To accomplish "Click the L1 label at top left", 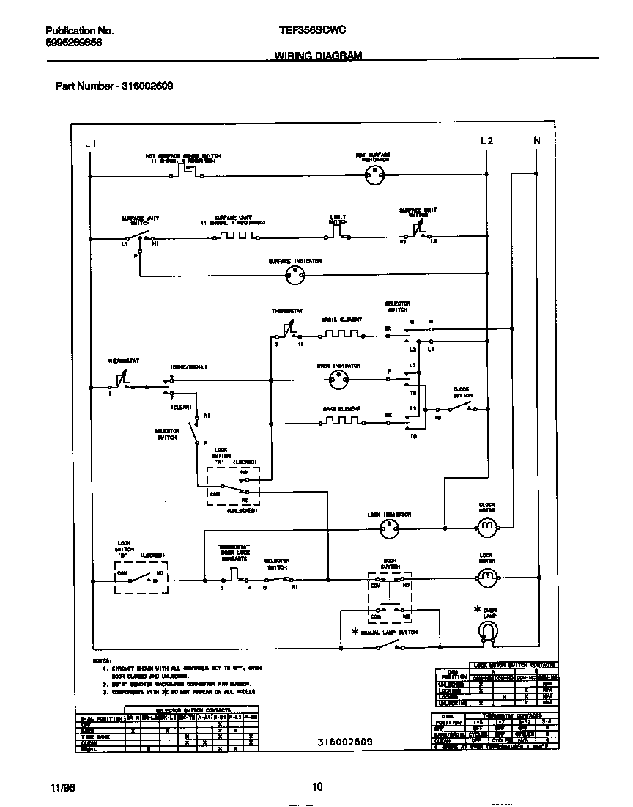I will coord(90,142).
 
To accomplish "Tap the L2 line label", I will coord(487,141).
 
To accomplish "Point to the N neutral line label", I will coord(536,141).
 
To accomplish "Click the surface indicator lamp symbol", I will coord(295,276).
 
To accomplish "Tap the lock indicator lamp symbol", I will coord(389,527).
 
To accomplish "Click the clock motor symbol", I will coord(487,526).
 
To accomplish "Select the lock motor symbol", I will coord(487,578).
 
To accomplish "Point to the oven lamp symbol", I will coord(487,629).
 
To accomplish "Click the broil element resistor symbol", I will coord(341,334).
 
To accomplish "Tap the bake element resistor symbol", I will coord(341,421).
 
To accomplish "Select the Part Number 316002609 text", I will coord(114,86).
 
